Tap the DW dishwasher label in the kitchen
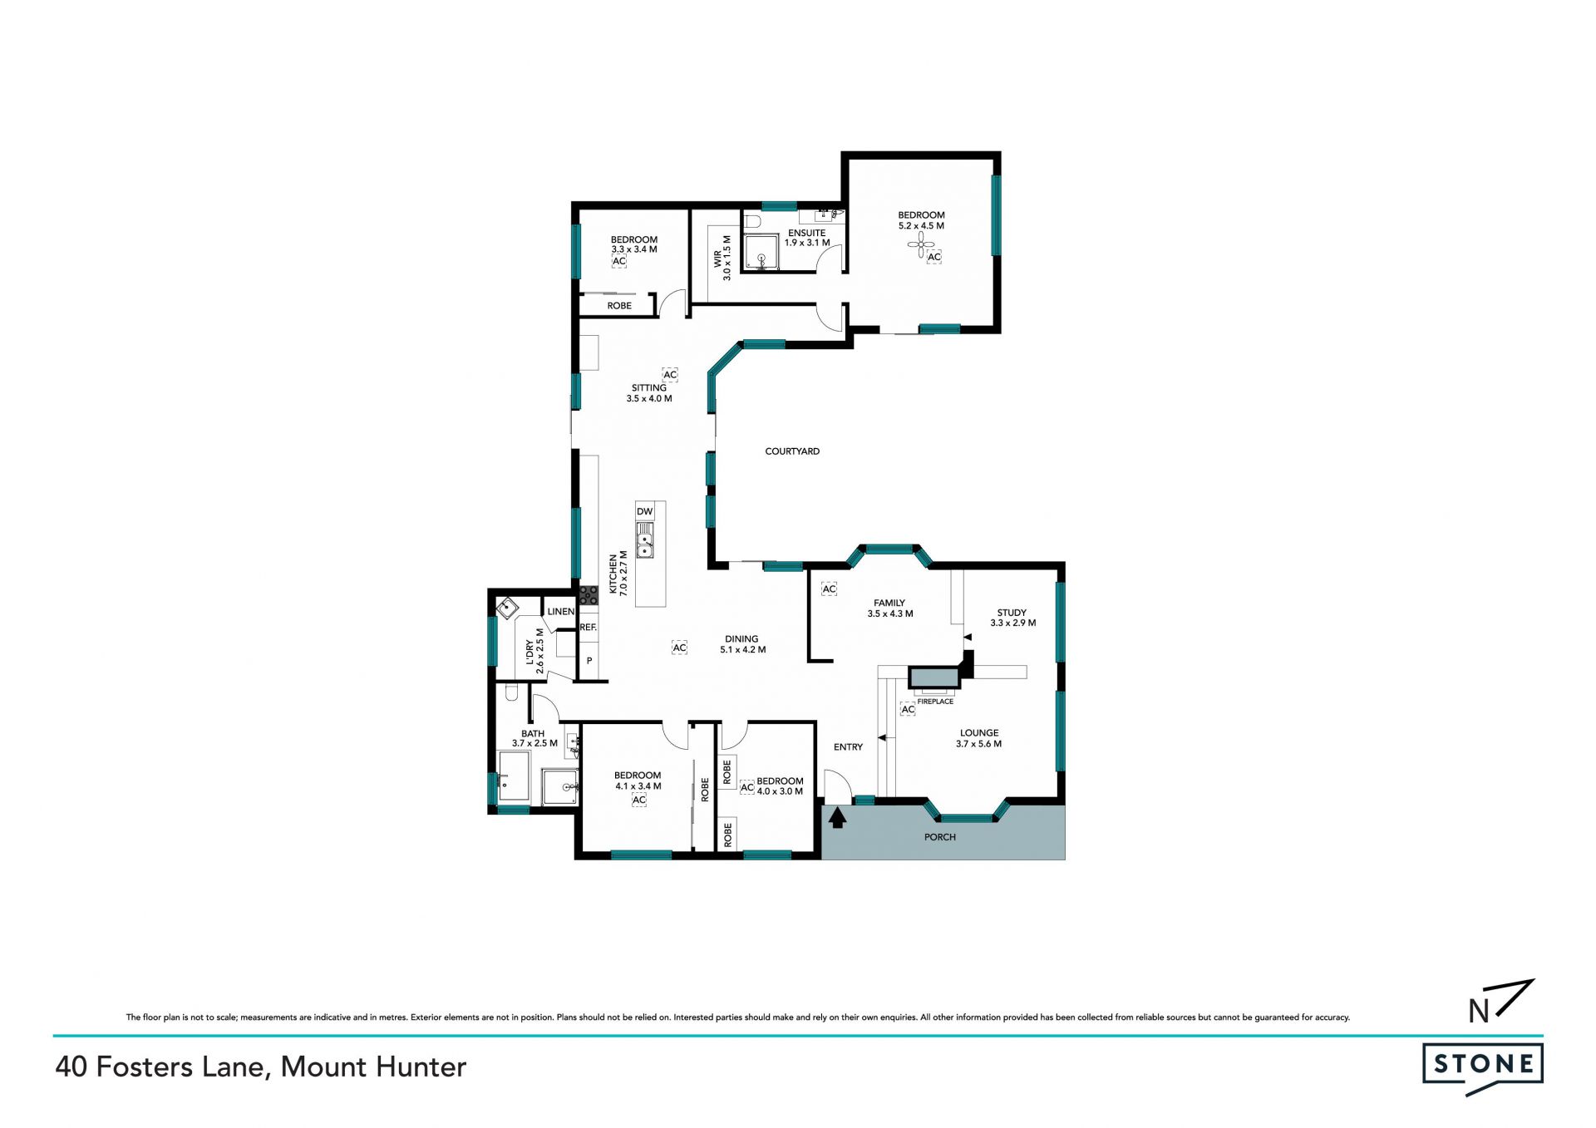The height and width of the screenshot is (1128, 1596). click(645, 511)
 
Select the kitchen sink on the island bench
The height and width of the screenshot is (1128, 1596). click(645, 540)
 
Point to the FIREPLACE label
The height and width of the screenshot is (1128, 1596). click(935, 702)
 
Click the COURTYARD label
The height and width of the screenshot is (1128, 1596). click(792, 451)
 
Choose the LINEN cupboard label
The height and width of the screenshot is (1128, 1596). click(561, 611)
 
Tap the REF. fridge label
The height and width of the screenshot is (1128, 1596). click(589, 627)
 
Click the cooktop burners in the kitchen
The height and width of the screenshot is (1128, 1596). click(589, 594)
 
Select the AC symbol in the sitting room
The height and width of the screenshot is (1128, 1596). click(670, 375)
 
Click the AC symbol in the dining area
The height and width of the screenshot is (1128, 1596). click(679, 648)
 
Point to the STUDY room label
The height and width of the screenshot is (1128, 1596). click(1012, 613)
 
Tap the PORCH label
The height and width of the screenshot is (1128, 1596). click(940, 837)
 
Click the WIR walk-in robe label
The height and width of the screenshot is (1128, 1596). click(717, 259)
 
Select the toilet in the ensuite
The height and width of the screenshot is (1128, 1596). click(752, 221)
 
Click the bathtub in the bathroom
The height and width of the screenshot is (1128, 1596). click(514, 776)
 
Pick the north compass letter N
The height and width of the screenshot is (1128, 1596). click(1479, 1011)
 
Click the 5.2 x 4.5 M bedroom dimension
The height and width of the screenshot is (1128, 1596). click(921, 226)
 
